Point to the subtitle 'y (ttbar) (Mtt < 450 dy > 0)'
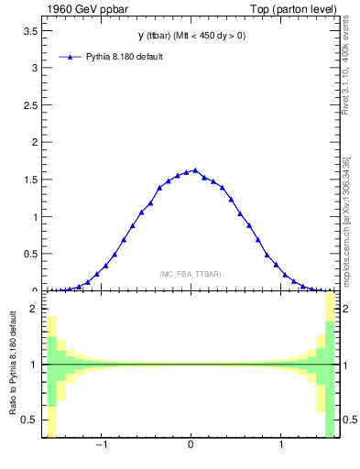point(190,36)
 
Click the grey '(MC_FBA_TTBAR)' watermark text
point(190,274)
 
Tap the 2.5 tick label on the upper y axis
point(29,105)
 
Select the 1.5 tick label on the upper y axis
point(29,180)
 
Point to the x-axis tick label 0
point(191,446)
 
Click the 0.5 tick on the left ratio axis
point(29,420)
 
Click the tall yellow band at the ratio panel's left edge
point(51,376)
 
